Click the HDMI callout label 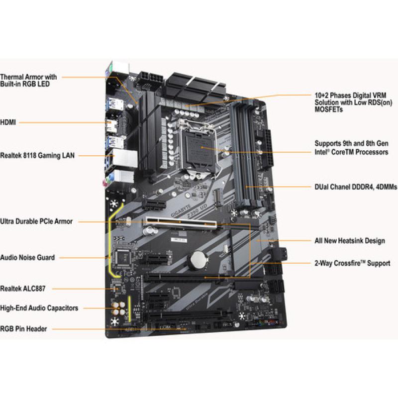point(8,122)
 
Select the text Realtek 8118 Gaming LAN point(37,155)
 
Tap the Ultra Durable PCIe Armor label point(36,221)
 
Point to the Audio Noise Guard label point(27,257)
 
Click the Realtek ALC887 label point(23,289)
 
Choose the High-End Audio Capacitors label point(39,308)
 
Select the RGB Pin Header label point(23,329)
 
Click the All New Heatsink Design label point(350,241)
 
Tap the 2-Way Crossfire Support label point(352,263)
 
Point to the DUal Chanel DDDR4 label point(356,187)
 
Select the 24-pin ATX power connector point(267,149)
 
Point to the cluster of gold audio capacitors point(118,308)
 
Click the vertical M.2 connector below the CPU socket point(217,197)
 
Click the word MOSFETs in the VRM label point(328,109)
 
